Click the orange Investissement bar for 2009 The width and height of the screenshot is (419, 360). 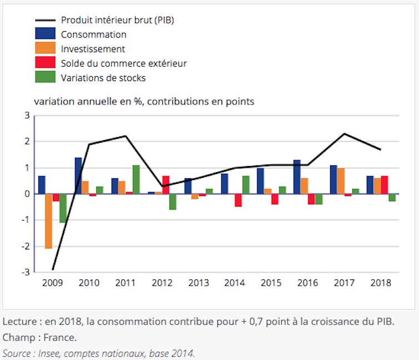[48, 221]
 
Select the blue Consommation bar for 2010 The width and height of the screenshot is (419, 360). [78, 176]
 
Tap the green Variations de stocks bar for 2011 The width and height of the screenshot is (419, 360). [136, 179]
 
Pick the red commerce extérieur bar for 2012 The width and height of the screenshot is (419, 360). [166, 184]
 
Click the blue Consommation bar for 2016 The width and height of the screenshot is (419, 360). [297, 177]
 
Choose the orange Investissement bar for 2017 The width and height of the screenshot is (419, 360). [341, 181]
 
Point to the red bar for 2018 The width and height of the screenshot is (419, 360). [385, 184]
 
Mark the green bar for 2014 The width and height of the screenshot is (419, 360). [246, 184]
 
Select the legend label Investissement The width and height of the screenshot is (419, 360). [93, 49]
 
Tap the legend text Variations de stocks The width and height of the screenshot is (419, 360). [103, 78]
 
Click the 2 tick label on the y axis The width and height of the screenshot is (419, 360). [26, 142]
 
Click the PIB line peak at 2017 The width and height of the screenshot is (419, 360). [345, 134]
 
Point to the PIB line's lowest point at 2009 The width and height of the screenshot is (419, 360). [53, 269]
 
